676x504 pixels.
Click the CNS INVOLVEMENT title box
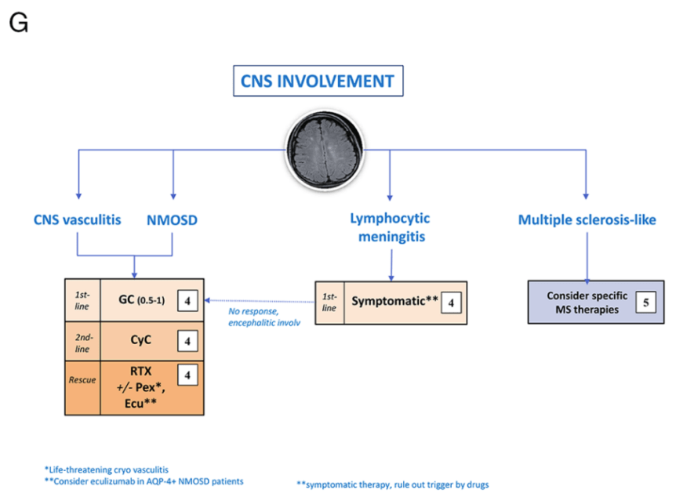(318, 81)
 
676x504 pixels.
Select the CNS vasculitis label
(78, 220)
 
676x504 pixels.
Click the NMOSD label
(172, 220)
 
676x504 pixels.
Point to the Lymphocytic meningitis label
(390, 227)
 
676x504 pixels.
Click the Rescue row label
(82, 379)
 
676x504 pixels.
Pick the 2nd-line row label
(82, 341)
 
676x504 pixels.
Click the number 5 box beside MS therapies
(645, 301)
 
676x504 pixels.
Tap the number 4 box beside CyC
(187, 341)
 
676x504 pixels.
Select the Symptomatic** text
(392, 301)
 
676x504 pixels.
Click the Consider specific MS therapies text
(587, 301)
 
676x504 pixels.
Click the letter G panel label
(18, 23)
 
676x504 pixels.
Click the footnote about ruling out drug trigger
(392, 484)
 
